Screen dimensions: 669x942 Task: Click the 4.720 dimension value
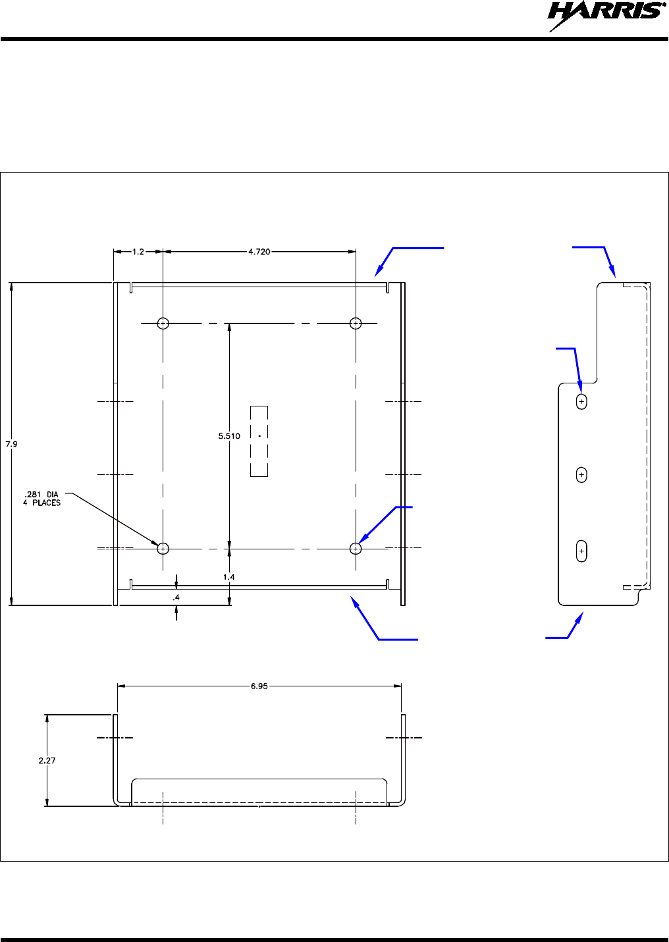(259, 252)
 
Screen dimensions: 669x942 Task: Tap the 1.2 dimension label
(138, 252)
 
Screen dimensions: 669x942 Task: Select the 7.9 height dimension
(12, 444)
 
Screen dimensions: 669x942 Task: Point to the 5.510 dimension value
(229, 436)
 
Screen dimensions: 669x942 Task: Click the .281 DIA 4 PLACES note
(41, 499)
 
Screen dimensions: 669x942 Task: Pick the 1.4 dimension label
(228, 577)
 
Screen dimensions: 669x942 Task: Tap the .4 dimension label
(176, 597)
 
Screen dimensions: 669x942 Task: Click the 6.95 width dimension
(259, 686)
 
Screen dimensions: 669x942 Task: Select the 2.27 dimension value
(47, 760)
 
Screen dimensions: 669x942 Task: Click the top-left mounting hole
(163, 323)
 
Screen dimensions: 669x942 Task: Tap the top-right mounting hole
(356, 323)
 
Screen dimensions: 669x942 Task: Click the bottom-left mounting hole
(163, 548)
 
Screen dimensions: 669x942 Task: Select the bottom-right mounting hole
(356, 548)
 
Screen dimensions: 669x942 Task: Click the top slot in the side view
(581, 401)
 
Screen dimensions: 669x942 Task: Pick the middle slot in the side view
(581, 474)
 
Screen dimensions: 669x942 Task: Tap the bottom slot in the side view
(581, 551)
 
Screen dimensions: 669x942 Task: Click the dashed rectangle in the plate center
(259, 441)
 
